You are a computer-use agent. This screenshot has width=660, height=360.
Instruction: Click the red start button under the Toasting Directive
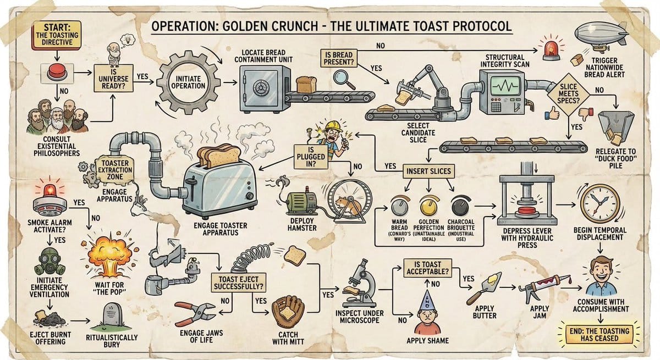(x=57, y=71)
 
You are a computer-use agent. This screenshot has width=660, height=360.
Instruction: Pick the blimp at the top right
(x=601, y=35)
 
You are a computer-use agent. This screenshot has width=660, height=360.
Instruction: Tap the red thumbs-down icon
(x=587, y=114)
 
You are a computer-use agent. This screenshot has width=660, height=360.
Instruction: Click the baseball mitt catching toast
(x=288, y=312)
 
